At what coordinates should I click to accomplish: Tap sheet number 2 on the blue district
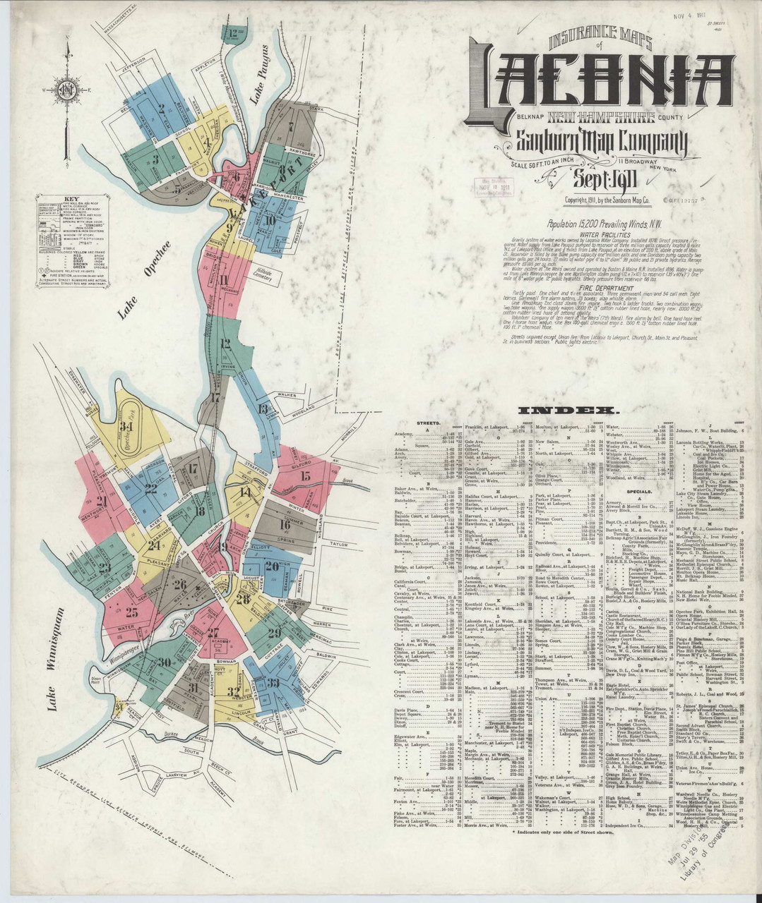162,109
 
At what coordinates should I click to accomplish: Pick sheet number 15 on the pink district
305,475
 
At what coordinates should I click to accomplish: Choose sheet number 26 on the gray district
180,584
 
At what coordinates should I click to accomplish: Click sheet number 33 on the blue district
273,683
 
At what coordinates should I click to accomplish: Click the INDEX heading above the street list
568,411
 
